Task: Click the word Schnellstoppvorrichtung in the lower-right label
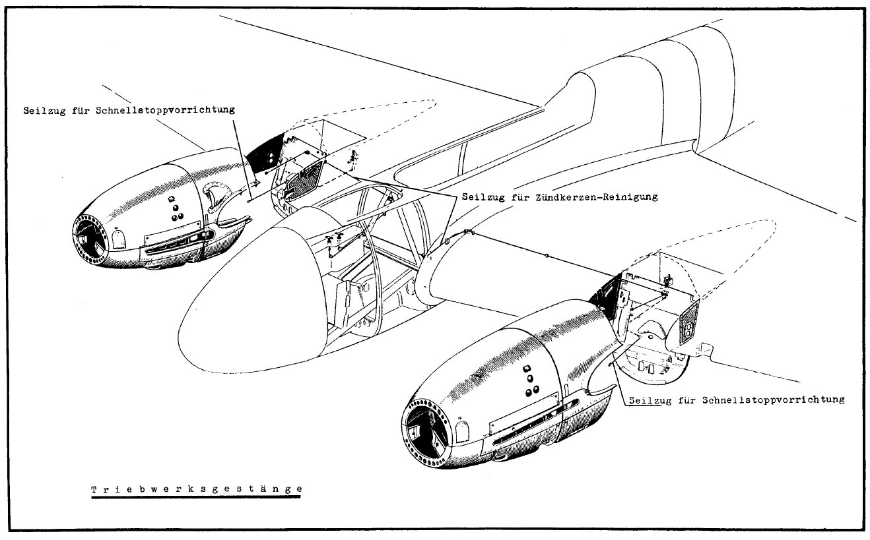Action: tap(773, 400)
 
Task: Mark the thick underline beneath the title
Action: tap(197, 498)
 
